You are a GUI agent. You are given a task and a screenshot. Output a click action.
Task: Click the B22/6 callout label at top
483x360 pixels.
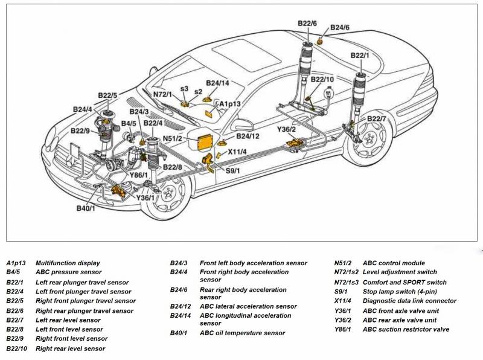tap(307, 24)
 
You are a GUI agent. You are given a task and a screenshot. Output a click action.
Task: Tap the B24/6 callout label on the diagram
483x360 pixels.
tap(339, 28)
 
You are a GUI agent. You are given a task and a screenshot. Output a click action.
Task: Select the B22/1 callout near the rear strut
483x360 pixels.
tap(360, 56)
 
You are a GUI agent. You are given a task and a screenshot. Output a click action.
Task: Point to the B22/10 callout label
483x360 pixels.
tap(322, 79)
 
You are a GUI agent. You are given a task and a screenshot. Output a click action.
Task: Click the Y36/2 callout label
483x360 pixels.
tap(286, 129)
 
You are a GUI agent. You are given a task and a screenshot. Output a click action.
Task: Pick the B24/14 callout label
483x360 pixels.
tap(217, 83)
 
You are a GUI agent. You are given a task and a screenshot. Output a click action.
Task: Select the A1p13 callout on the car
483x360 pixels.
tap(229, 104)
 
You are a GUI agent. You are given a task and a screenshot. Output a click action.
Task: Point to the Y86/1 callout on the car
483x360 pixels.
tap(139, 175)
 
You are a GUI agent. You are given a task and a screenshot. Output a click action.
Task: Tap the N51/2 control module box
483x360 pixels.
tap(202, 140)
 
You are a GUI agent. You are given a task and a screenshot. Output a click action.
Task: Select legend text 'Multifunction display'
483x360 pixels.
tap(68, 263)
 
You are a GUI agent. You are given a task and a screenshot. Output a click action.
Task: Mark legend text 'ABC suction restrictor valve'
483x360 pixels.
tap(406, 329)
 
